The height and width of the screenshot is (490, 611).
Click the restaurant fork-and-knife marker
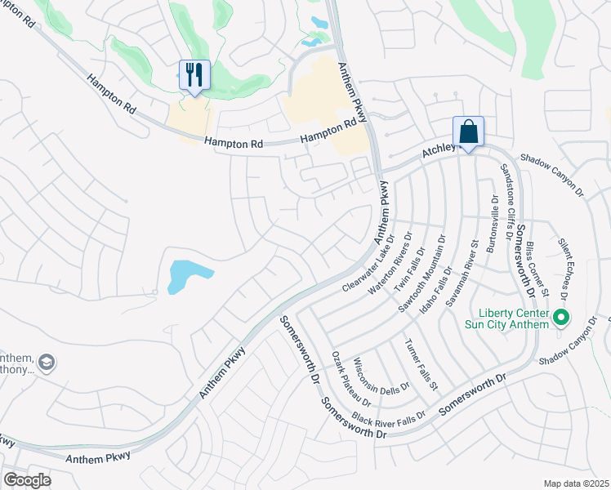coord(194,76)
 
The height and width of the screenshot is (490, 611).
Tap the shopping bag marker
coord(469,131)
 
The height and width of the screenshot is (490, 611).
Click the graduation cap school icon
coord(47,362)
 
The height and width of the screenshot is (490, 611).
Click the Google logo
coord(27,480)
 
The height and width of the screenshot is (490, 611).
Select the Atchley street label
coord(437,151)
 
